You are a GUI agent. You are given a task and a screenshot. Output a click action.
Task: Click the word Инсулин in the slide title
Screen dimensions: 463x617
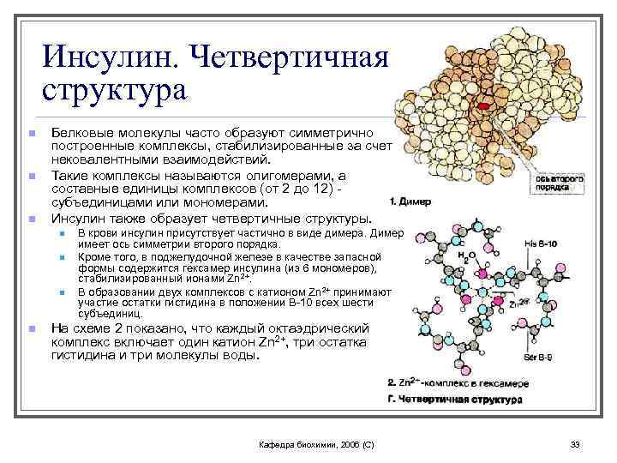click(x=109, y=57)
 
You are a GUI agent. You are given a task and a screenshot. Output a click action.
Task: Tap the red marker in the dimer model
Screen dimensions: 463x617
click(x=484, y=105)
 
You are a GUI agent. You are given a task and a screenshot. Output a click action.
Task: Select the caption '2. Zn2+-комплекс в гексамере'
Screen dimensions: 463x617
click(x=458, y=382)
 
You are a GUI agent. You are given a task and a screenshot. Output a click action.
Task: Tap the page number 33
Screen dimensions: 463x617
click(x=575, y=443)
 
